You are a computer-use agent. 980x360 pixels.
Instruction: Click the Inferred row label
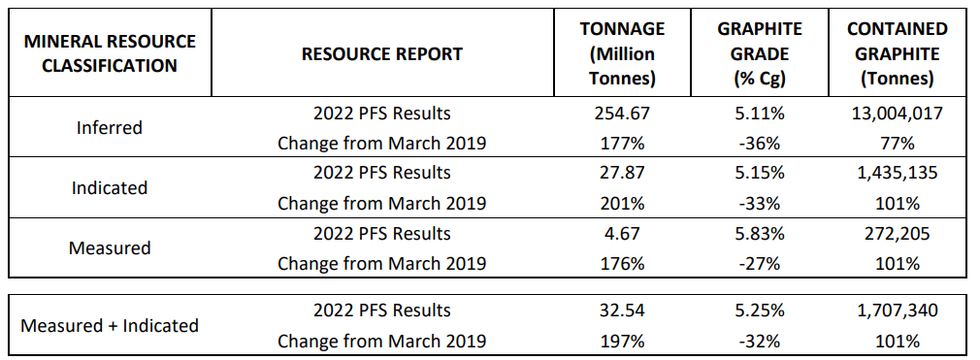(110, 128)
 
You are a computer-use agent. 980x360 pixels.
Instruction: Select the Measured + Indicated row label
(110, 325)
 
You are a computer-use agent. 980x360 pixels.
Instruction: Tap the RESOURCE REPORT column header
(382, 54)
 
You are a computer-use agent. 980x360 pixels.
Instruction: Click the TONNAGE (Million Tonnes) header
(622, 54)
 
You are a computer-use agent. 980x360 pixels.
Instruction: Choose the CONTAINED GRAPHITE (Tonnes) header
(897, 54)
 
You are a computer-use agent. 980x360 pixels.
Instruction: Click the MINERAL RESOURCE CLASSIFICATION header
(110, 54)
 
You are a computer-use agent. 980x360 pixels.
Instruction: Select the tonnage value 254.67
(622, 114)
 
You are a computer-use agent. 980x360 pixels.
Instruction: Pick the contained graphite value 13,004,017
(897, 114)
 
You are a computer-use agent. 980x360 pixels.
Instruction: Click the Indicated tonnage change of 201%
(622, 204)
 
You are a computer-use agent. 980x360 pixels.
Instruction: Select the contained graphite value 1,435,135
(897, 174)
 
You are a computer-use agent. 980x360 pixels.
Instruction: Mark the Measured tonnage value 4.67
(622, 234)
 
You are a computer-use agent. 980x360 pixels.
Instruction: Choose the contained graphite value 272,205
(897, 234)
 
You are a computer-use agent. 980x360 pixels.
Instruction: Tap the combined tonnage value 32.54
(622, 311)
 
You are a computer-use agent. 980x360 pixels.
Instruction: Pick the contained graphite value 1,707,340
(897, 311)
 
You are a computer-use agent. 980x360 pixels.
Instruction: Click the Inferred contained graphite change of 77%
(897, 144)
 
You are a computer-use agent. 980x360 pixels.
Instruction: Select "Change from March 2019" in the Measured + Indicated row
(382, 341)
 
